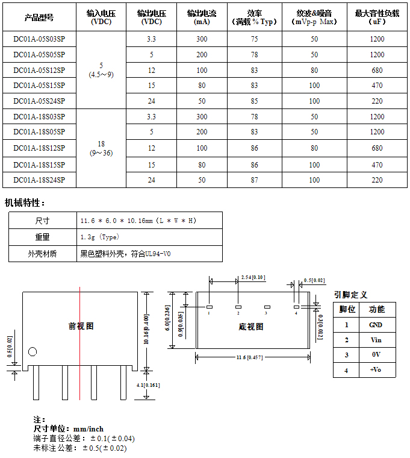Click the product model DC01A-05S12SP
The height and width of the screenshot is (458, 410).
(39, 70)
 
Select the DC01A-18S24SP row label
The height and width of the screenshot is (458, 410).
(39, 180)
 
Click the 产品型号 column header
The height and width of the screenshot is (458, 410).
(39, 17)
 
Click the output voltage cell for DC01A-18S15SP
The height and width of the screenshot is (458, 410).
(151, 164)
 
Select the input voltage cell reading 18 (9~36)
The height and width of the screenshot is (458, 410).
(101, 148)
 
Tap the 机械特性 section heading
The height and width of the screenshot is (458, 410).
(25, 203)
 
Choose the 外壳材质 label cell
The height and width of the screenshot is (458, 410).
(42, 254)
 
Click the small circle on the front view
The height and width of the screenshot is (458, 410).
(33, 352)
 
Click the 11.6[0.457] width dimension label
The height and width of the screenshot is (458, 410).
(253, 358)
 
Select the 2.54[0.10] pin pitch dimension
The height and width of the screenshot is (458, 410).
(253, 277)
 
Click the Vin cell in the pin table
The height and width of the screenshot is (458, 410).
(376, 340)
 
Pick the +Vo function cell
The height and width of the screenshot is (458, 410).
(376, 369)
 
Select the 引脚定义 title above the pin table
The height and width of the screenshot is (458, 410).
(350, 295)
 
